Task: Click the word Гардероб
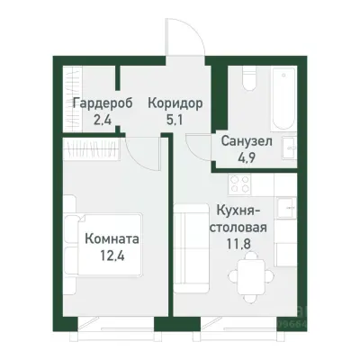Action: coord(103,103)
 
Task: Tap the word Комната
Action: coord(112,241)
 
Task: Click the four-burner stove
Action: coord(240,186)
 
